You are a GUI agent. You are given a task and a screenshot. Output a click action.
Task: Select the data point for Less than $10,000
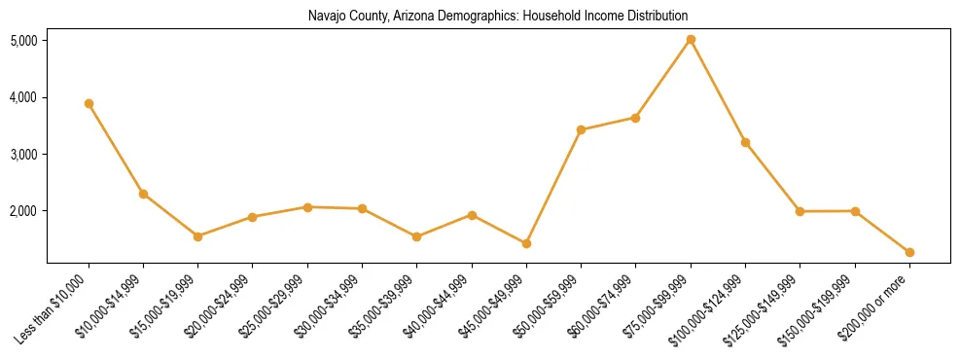tap(89, 103)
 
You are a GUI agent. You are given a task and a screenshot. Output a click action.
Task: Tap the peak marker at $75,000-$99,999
tap(691, 40)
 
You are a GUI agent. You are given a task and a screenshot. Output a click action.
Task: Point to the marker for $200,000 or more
tap(909, 252)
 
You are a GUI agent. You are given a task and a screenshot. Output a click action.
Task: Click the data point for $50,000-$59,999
tap(581, 129)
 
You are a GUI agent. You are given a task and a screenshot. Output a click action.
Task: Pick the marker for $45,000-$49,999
tap(526, 243)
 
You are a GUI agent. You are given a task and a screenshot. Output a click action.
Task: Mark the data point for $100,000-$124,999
tap(745, 142)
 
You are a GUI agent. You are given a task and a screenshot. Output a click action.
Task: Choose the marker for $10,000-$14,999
tap(143, 194)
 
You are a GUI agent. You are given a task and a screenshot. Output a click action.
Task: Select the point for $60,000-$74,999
tap(635, 118)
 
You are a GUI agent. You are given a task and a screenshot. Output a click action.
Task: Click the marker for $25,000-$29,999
tap(307, 206)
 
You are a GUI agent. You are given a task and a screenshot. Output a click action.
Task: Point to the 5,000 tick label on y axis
tap(23, 41)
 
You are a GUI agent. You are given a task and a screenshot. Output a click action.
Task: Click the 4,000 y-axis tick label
tap(23, 97)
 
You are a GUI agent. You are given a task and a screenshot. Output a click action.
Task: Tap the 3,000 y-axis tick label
tap(23, 155)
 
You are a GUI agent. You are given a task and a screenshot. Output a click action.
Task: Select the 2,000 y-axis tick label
tap(23, 211)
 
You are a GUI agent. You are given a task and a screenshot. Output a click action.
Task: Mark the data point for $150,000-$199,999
tap(855, 210)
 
